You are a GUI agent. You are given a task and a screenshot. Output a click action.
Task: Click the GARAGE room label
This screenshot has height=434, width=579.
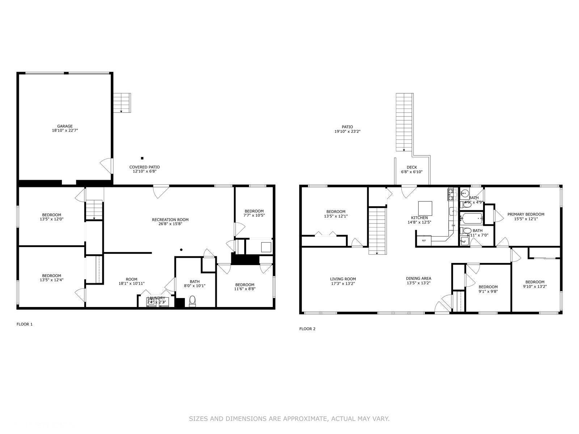(x=65, y=126)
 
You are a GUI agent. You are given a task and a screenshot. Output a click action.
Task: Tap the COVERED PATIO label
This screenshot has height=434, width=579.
(x=144, y=167)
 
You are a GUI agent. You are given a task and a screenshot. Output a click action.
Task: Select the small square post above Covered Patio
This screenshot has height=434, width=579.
(x=142, y=158)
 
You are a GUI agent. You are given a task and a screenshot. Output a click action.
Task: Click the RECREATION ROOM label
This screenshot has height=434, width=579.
(x=170, y=220)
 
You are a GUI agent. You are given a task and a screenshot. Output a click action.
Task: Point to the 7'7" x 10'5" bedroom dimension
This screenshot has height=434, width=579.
(x=254, y=215)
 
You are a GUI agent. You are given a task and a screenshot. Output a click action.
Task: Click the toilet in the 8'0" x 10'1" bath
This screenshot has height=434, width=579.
(x=193, y=301)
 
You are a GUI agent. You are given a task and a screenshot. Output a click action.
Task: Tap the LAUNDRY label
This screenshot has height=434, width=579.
(x=156, y=298)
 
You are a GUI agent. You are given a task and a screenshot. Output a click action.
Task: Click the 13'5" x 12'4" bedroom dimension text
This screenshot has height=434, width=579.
(x=51, y=280)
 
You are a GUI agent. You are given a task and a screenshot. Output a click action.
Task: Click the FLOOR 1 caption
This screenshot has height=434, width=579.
(x=25, y=324)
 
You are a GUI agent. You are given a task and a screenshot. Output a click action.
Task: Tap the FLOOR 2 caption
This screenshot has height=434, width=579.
(x=307, y=329)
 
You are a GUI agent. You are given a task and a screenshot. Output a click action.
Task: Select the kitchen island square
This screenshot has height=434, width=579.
(x=425, y=208)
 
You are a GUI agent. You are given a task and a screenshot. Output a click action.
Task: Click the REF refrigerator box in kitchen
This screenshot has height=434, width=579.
(x=424, y=240)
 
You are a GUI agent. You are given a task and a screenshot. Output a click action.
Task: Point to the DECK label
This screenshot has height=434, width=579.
(x=412, y=167)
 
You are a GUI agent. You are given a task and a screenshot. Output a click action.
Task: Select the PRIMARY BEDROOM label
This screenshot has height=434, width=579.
(x=526, y=214)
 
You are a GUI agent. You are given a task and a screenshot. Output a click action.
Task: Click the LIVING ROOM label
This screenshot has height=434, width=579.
(x=343, y=279)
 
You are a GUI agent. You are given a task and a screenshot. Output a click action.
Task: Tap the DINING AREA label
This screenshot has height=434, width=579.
(x=418, y=278)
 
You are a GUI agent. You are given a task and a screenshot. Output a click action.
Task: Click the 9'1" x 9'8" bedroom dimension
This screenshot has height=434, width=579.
(x=488, y=291)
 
